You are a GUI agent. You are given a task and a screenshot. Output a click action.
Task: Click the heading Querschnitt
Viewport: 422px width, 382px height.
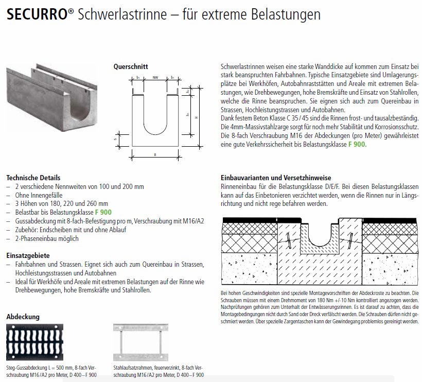[131, 66]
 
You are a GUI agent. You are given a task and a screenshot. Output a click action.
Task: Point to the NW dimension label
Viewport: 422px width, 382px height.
[155, 77]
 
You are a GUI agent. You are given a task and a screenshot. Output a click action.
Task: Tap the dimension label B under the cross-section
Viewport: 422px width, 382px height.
[154, 153]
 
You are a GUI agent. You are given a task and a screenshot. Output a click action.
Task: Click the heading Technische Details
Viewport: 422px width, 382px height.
[33, 178]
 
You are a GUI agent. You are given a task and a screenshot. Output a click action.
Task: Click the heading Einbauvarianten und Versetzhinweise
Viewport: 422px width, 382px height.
[276, 178]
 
